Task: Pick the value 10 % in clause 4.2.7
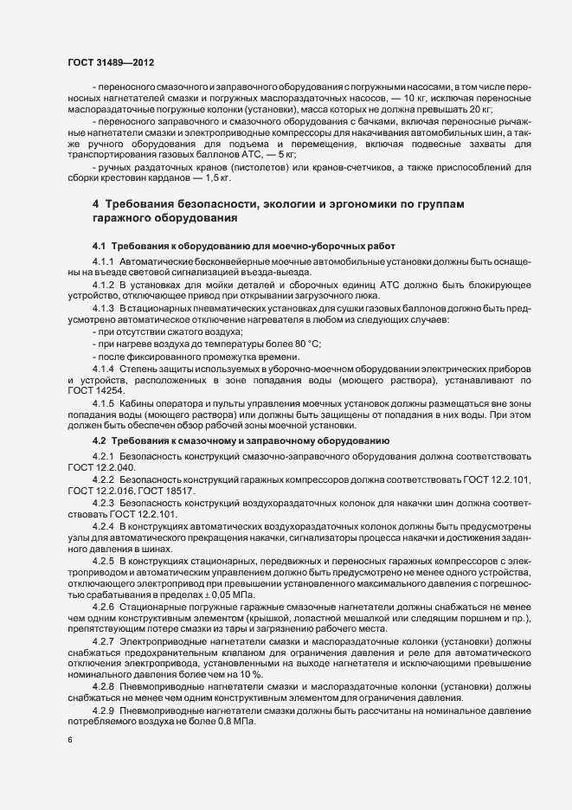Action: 220,672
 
